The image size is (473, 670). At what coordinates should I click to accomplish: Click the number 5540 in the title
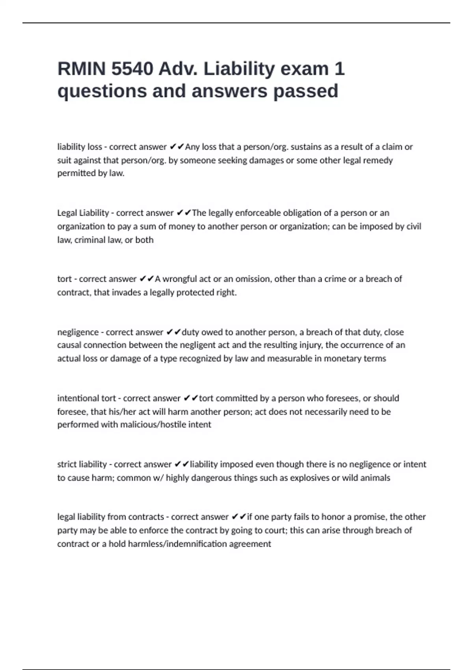tap(132, 69)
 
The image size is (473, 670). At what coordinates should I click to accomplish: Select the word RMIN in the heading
tap(82, 69)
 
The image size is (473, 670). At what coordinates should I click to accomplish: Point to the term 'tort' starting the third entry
tap(64, 279)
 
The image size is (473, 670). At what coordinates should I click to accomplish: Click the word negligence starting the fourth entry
tap(78, 332)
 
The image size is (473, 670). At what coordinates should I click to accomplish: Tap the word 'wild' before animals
tap(352, 478)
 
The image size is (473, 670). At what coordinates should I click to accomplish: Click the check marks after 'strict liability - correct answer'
tap(181, 464)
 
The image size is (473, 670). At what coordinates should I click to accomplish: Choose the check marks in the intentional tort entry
tap(191, 398)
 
